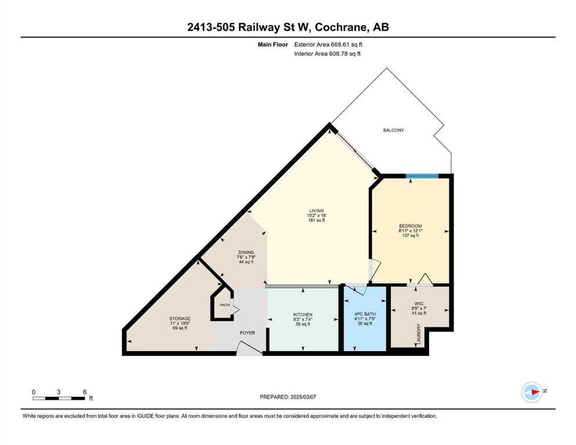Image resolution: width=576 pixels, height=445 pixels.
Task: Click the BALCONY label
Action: [x=393, y=130]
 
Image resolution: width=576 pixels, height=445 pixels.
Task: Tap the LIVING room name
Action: [x=316, y=211]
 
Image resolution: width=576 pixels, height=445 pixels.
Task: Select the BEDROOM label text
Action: [x=410, y=227]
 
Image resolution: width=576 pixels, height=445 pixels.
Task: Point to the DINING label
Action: [x=246, y=253]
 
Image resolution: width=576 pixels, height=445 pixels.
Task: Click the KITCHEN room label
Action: [x=303, y=315]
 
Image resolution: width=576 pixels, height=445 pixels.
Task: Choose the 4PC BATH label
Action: [x=365, y=315]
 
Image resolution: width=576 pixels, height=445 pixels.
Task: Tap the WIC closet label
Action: [x=419, y=304]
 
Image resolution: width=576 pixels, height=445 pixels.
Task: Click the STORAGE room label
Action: [x=180, y=319]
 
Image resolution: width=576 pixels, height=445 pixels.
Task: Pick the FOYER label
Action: [x=247, y=333]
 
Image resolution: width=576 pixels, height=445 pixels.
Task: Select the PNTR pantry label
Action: [x=225, y=305]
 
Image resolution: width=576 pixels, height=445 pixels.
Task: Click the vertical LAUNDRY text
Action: [x=418, y=334]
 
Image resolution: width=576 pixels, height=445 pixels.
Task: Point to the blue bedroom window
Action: [x=422, y=176]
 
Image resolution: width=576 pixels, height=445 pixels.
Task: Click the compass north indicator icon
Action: [x=532, y=392]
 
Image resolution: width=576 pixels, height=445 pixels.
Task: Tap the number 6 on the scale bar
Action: [x=85, y=392]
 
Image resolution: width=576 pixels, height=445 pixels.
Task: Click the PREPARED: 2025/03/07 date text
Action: [x=288, y=397]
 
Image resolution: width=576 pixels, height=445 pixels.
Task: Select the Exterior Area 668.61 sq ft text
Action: [x=328, y=45]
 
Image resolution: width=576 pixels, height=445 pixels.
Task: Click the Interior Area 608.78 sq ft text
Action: [x=327, y=54]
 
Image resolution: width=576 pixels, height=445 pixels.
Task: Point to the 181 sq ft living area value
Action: [x=316, y=221]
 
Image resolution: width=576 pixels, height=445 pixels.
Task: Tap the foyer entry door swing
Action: [x=249, y=348]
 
